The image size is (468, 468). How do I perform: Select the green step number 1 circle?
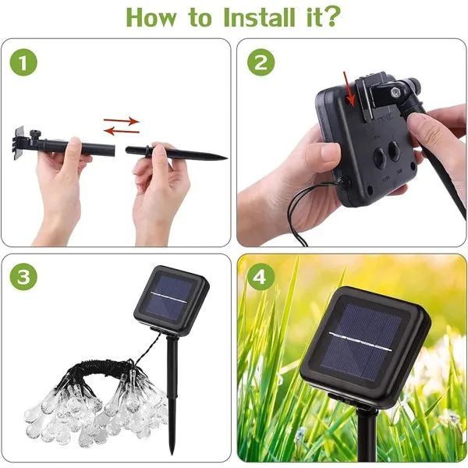tap(23, 62)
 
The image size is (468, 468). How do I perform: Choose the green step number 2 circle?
tap(261, 62)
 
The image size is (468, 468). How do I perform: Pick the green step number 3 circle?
tap(23, 276)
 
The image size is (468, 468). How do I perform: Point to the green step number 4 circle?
tap(260, 276)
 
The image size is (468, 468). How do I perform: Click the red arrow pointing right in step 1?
tap(122, 121)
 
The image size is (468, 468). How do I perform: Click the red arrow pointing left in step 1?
tap(122, 131)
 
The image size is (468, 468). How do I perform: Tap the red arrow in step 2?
tap(349, 89)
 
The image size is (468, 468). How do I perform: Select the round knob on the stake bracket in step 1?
tap(36, 133)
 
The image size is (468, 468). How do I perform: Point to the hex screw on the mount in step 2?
tap(395, 93)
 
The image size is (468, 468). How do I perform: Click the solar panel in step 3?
tap(172, 297)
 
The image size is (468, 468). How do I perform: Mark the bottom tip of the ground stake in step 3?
tap(171, 454)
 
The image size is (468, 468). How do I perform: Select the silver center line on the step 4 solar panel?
tap(360, 341)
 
